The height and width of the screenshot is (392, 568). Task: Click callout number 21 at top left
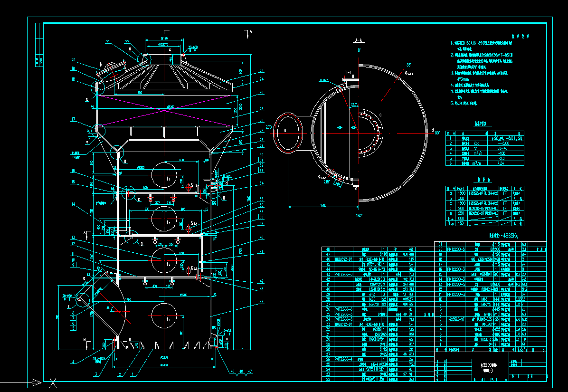pyautogui.click(x=108, y=43)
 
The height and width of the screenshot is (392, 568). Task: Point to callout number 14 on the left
pyautogui.click(x=73, y=204)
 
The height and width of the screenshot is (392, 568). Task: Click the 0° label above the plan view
pyautogui.click(x=360, y=50)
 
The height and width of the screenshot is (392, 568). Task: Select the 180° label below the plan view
pyautogui.click(x=359, y=216)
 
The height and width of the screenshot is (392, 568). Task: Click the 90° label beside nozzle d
pyautogui.click(x=438, y=133)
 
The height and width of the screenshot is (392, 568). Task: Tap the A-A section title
pyautogui.click(x=359, y=41)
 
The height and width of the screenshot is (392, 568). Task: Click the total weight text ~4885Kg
pyautogui.click(x=503, y=236)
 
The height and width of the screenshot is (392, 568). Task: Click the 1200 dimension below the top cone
pyautogui.click(x=126, y=92)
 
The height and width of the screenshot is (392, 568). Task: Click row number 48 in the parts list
pyautogui.click(x=327, y=249)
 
